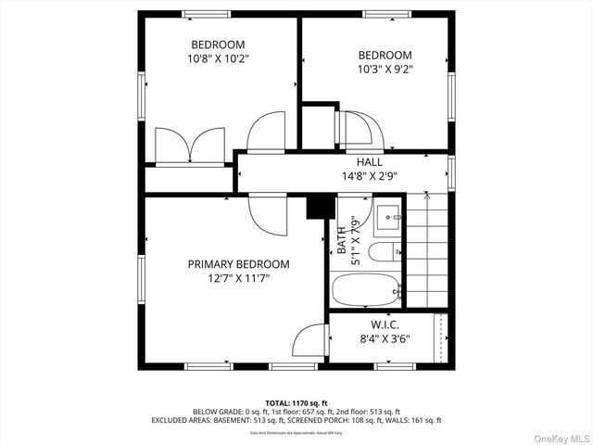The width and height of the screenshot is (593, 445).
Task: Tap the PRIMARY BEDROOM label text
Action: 238,264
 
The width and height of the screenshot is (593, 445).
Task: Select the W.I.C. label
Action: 385,324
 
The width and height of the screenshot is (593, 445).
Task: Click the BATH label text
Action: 342,239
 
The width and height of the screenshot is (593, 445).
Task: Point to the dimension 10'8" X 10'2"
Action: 218,57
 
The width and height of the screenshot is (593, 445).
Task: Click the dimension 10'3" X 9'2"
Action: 385,69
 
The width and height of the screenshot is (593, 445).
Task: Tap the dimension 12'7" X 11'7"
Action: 238,277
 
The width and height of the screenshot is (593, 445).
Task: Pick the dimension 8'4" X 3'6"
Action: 385,338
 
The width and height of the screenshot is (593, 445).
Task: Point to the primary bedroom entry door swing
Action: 265,212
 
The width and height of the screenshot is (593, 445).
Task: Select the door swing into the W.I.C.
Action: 309,342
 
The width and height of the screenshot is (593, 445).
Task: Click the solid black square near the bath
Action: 319,206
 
